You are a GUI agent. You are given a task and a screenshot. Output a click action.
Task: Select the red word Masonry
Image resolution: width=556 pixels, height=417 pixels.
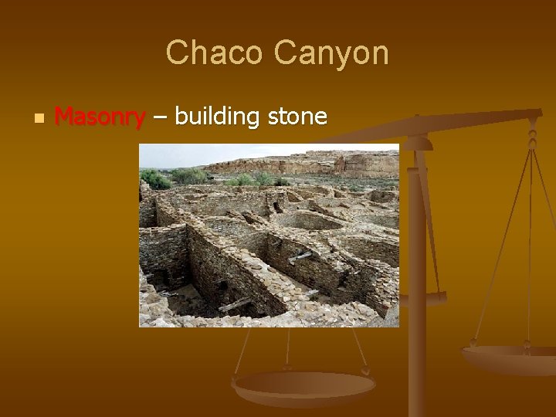pyautogui.click(x=100, y=117)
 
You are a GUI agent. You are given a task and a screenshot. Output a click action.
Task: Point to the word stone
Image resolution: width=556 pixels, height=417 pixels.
pyautogui.click(x=297, y=117)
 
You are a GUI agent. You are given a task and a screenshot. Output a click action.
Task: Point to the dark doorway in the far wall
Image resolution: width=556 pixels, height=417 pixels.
pyautogui.click(x=276, y=207)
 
